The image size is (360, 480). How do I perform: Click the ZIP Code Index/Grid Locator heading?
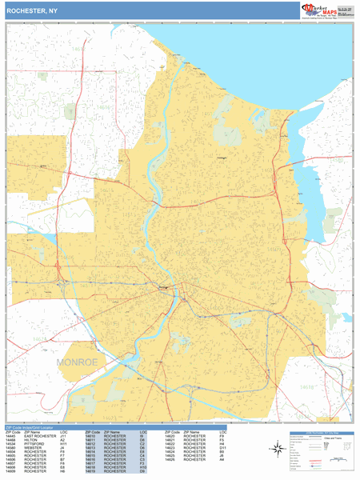37,426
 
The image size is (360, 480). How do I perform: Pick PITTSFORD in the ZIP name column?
35,446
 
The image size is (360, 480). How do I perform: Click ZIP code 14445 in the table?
12,436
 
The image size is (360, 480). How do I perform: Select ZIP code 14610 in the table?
91,436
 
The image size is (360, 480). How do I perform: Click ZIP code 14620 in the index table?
170,436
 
